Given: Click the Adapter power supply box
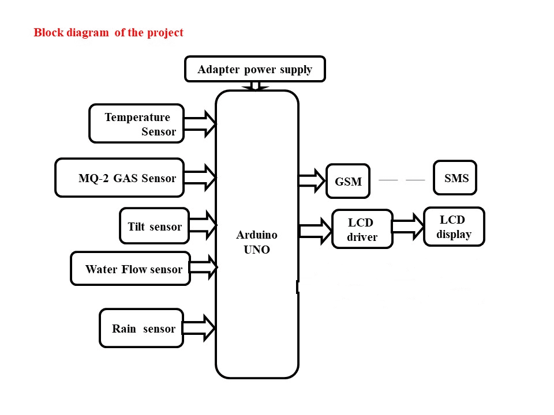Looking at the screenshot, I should coord(254,69).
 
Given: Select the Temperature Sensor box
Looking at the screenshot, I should coord(136,123).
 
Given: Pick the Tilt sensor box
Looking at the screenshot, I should coord(154,227).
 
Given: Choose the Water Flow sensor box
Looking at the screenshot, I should coord(130,269).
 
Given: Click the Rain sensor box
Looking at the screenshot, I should coord(141,329).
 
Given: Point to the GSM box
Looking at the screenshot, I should coord(348,182).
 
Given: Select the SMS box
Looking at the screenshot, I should coord(455,178).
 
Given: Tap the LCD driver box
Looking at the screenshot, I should coord(362,229).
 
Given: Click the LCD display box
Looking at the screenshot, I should coord(454,227).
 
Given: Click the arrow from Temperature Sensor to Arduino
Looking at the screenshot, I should coord(200,123).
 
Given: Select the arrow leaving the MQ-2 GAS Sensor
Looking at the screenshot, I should coord(200,177).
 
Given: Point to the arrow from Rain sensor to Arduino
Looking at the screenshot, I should coord(199,328).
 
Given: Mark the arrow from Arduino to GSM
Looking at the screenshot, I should coord(312,180).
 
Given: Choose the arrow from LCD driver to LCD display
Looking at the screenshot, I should coord(408,226).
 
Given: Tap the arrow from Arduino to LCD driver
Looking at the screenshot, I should coord(315,231).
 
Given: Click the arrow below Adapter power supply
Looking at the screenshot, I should coord(256,86).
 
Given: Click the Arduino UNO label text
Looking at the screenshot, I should coord(257,243).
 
